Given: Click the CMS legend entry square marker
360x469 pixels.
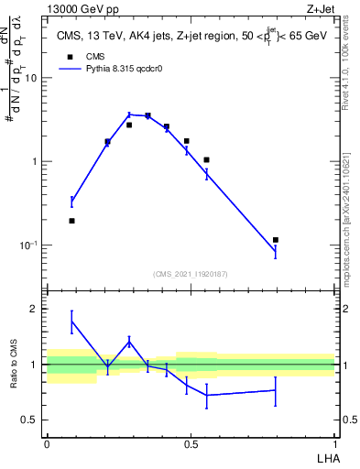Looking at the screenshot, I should (x=68, y=55).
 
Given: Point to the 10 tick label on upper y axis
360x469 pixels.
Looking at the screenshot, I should (x=31, y=78).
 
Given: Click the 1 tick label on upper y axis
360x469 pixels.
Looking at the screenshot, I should (x=34, y=162).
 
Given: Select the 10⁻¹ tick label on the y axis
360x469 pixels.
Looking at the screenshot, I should (x=29, y=245).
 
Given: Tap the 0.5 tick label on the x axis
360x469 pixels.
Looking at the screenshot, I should (x=191, y=443).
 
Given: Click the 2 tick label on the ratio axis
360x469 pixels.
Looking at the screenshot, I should (x=34, y=310).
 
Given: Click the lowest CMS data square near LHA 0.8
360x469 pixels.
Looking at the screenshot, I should (x=276, y=240).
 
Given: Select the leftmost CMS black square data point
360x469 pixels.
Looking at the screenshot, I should (x=72, y=221).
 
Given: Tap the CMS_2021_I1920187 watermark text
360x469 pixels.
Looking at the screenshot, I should (x=191, y=273).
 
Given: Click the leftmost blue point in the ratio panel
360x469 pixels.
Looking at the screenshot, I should (x=72, y=321).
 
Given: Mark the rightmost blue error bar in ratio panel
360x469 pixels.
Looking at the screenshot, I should (x=276, y=390).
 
